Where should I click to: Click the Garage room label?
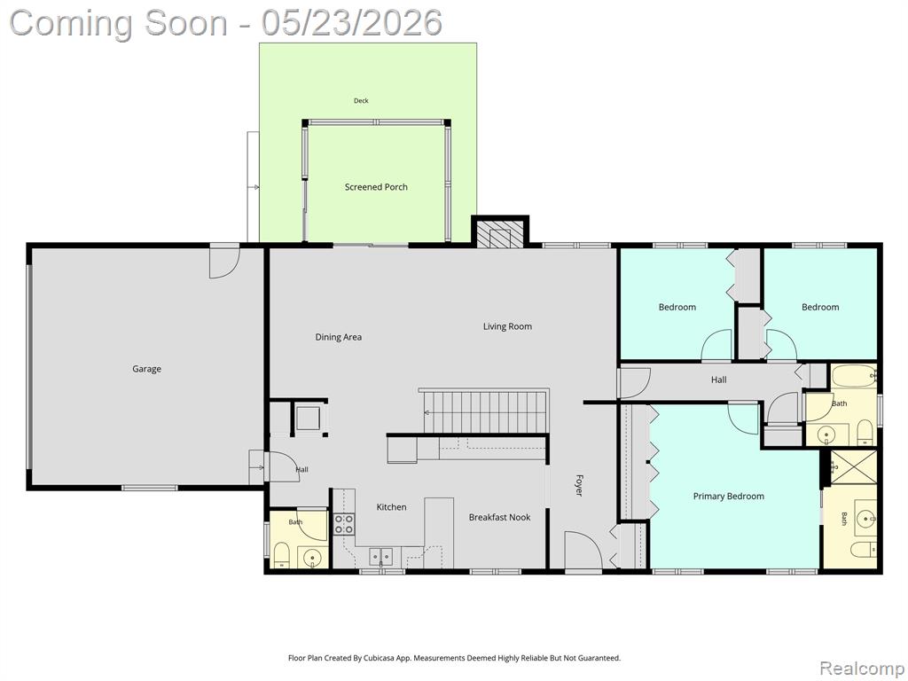tap(146, 369)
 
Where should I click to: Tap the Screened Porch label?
tap(376, 187)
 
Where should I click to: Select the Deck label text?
tap(361, 101)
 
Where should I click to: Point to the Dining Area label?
tap(338, 337)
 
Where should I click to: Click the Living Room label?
tap(507, 326)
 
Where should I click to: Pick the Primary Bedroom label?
tap(729, 497)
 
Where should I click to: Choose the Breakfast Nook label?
tap(499, 517)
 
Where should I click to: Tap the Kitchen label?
tap(391, 507)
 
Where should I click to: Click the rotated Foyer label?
tap(578, 485)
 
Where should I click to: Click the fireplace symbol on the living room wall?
tap(500, 233)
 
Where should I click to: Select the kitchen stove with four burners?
tap(344, 523)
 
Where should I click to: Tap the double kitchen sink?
tap(381, 557)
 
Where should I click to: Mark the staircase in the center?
tap(485, 411)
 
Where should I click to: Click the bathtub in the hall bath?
tap(854, 377)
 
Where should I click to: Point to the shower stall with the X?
tap(854, 466)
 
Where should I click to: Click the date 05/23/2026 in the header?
tap(351, 23)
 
